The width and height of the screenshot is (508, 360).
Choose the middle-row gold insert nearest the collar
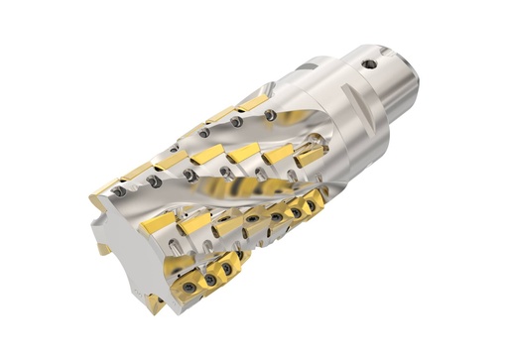309,156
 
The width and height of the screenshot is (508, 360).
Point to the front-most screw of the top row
119,191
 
